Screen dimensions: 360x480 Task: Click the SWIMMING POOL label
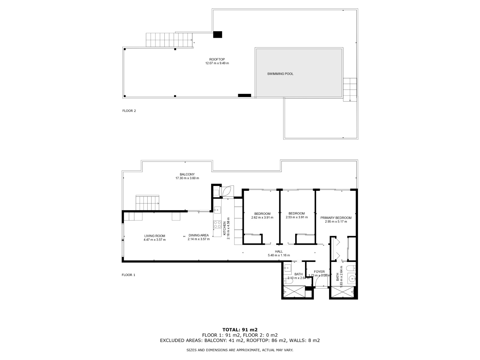click(280, 74)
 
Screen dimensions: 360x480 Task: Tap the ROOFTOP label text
click(217, 59)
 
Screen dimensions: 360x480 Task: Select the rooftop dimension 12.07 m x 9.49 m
click(217, 63)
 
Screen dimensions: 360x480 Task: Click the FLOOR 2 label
click(129, 111)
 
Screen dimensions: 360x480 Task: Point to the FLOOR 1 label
click(128, 275)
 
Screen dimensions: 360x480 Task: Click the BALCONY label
click(187, 174)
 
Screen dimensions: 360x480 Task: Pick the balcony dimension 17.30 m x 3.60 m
click(187, 178)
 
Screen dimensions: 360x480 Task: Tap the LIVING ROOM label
click(154, 236)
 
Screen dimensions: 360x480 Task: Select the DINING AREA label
click(199, 235)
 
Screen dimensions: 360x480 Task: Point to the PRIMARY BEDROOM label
click(336, 218)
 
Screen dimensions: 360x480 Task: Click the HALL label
click(279, 252)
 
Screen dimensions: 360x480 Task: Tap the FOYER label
click(319, 272)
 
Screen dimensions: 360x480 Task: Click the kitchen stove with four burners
click(217, 224)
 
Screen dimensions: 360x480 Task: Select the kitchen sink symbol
click(217, 210)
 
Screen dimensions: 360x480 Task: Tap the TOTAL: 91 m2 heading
click(240, 338)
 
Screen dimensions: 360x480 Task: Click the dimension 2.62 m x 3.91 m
click(262, 217)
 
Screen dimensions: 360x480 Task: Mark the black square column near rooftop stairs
click(217, 34)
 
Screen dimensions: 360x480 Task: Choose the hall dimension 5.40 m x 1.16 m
click(279, 256)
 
